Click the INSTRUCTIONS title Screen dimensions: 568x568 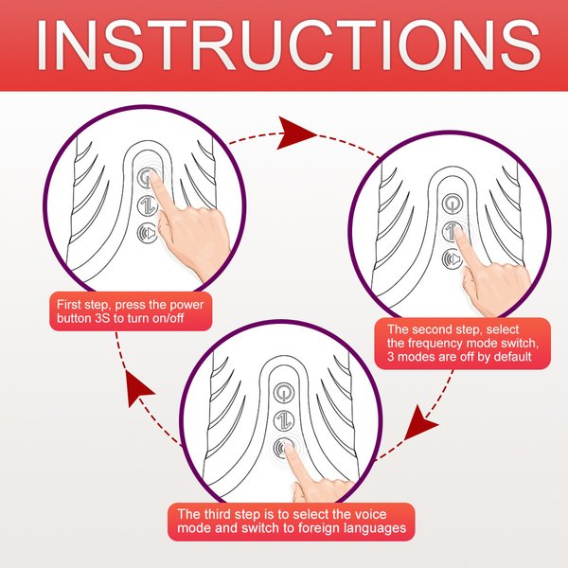pos(288,45)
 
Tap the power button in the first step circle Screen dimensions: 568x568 pos(147,178)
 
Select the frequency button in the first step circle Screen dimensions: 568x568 pos(147,205)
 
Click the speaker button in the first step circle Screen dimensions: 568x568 pos(147,233)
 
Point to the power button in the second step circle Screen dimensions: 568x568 pos(453,204)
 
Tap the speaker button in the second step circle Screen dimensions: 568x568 pos(453,258)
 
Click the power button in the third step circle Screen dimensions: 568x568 pos(284,393)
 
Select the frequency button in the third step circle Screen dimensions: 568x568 pos(284,420)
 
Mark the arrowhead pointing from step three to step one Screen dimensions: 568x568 pos(138,387)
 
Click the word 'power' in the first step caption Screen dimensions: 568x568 pos(186,305)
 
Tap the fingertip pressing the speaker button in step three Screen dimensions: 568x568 pos(289,449)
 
